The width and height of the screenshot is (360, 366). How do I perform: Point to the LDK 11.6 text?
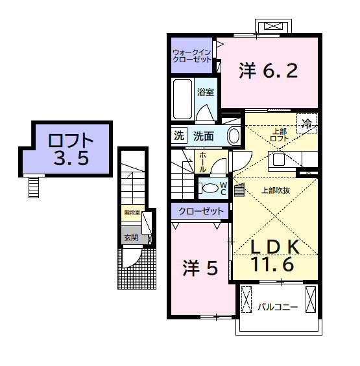tap(274, 255)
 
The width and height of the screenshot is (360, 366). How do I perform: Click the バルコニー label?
tap(277, 306)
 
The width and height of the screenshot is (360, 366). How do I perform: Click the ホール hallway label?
tap(202, 162)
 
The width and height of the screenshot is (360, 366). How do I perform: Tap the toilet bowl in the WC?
tap(210, 188)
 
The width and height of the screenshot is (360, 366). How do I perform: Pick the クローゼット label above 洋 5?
tap(202, 211)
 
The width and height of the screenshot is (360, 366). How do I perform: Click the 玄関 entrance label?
tap(130, 238)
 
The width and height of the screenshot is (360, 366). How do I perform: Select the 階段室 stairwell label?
tap(132, 212)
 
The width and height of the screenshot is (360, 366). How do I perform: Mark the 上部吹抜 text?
tap(275, 190)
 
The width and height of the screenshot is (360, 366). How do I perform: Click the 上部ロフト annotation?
tap(279, 134)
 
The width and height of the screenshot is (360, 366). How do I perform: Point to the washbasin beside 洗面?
tap(234, 136)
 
